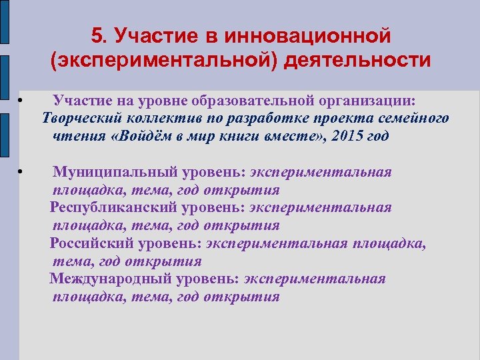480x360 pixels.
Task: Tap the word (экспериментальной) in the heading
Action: point(163,61)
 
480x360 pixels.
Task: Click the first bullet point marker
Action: point(21,101)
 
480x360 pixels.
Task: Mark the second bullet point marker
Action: point(21,173)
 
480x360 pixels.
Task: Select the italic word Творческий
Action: point(81,118)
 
